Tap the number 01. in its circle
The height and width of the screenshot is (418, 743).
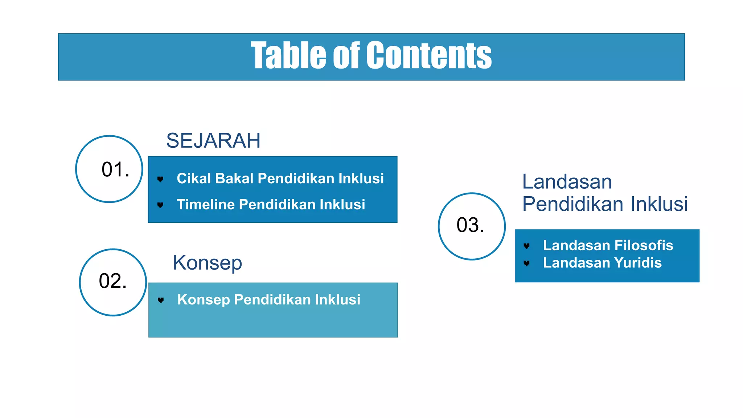tap(115, 169)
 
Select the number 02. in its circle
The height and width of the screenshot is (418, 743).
tap(113, 281)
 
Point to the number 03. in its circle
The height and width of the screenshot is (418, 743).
tap(471, 225)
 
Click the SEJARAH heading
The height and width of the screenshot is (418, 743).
tap(213, 140)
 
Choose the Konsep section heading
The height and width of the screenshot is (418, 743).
tap(207, 263)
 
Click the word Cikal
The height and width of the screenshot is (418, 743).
tap(193, 179)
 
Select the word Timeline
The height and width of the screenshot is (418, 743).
tap(206, 205)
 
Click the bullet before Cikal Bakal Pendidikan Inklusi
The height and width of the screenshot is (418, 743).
tap(160, 179)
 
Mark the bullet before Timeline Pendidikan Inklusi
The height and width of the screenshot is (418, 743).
tap(160, 205)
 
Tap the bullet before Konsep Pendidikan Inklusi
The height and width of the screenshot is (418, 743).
tap(161, 300)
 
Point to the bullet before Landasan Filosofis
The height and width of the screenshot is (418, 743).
tap(527, 246)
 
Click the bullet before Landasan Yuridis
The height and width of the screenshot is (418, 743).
tap(527, 263)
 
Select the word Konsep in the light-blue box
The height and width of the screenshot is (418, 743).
tap(204, 300)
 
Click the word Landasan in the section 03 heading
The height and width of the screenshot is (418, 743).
tap(567, 182)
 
